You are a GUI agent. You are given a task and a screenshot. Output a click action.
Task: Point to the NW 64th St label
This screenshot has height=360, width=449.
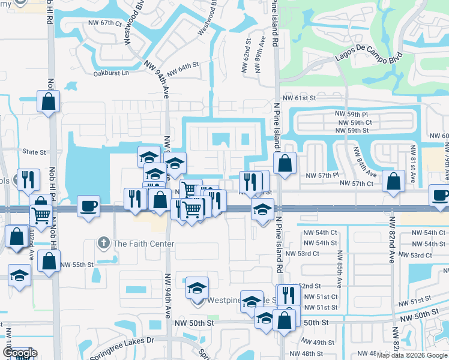point(182,70)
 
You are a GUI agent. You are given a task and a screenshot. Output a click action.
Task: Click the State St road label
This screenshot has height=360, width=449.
point(34,152)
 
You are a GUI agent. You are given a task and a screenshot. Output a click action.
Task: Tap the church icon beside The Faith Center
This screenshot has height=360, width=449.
point(104,244)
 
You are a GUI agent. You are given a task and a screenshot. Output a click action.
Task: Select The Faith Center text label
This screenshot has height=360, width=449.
point(143,244)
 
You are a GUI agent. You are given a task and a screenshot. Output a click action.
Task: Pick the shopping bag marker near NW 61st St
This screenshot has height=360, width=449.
point(49,101)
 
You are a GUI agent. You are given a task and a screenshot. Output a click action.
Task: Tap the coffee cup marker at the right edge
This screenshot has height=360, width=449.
point(440,196)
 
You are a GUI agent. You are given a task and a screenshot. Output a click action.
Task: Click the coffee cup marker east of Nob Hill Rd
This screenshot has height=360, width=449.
point(89,206)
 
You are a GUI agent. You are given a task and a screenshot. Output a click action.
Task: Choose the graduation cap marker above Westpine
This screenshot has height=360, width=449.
point(196,288)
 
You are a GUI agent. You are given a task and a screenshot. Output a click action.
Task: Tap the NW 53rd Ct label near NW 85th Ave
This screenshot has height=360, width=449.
point(319,254)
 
